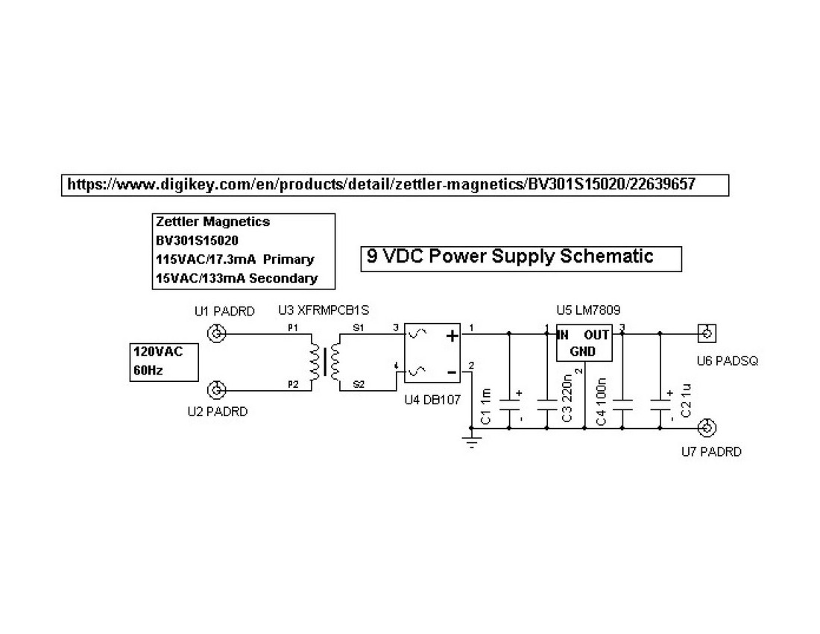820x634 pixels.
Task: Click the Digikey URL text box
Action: pyautogui.click(x=394, y=184)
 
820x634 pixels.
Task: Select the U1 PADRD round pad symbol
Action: pyautogui.click(x=217, y=333)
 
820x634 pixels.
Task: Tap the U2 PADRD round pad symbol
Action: pyautogui.click(x=217, y=390)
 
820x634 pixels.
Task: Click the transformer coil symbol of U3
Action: pyautogui.click(x=324, y=361)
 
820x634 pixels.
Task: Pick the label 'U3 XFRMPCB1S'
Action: pyautogui.click(x=324, y=310)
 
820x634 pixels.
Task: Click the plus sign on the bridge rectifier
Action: pyautogui.click(x=452, y=336)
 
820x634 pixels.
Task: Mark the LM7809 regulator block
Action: pyautogui.click(x=584, y=344)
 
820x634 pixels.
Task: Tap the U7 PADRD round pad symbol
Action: pyautogui.click(x=706, y=428)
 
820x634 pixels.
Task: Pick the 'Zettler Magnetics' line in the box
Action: pyautogui.click(x=212, y=222)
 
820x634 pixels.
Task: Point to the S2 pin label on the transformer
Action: pyautogui.click(x=359, y=385)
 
